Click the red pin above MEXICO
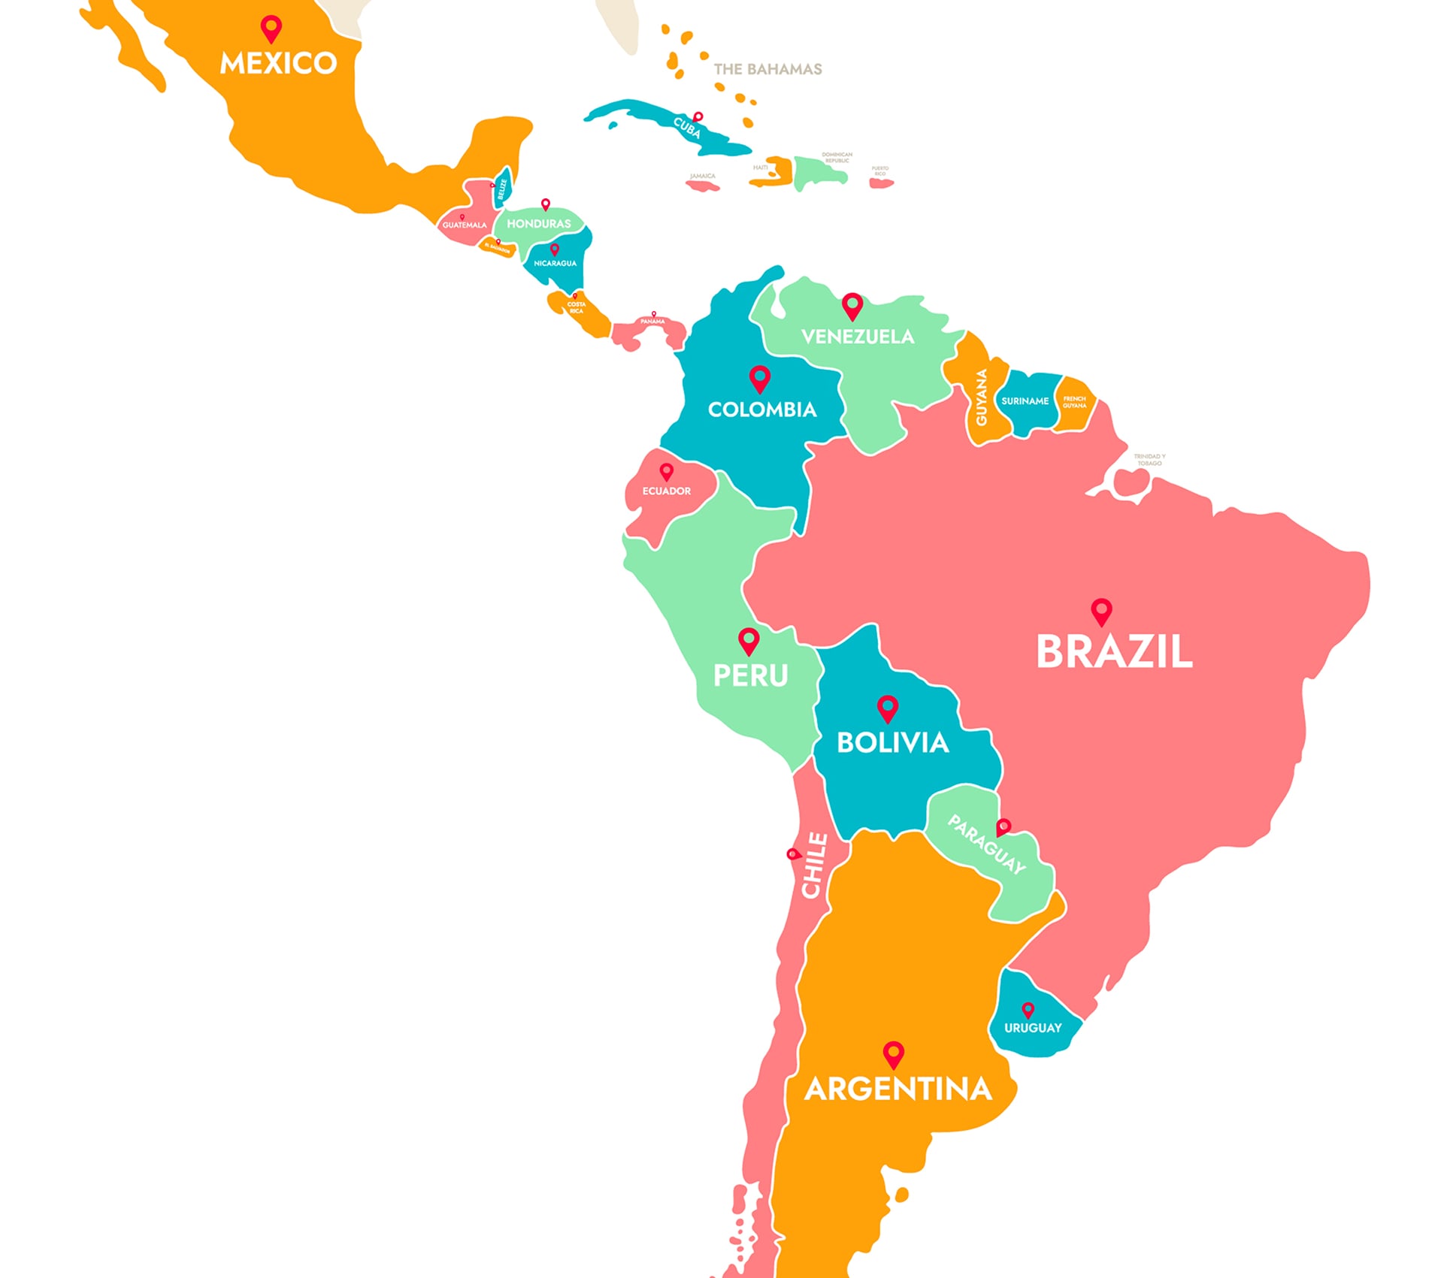(271, 29)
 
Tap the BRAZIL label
(1113, 652)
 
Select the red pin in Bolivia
(887, 708)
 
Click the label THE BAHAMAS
(767, 69)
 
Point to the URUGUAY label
(1032, 1028)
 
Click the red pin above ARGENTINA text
(893, 1053)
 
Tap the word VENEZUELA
(857, 337)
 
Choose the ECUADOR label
(666, 491)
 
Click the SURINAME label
(1024, 401)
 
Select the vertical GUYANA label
(981, 397)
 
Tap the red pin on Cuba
(698, 117)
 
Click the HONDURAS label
(538, 224)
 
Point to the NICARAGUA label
(555, 264)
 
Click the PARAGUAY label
(985, 844)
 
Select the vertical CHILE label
(815, 865)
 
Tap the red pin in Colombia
(759, 378)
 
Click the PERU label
(750, 675)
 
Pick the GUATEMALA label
(464, 225)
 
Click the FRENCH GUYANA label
(1073, 402)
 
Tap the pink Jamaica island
(703, 186)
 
